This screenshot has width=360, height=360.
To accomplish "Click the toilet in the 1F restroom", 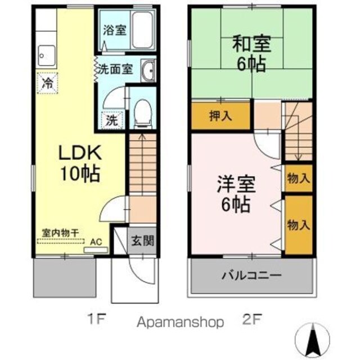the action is coord(142,113).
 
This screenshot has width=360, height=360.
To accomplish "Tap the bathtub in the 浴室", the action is coord(142,30).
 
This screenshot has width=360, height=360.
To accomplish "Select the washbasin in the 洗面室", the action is coord(147,70).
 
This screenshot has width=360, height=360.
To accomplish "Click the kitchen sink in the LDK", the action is coord(47,56).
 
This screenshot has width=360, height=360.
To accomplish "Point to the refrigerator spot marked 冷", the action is coord(47,83).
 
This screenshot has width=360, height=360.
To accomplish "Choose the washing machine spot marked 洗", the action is coord(112,120).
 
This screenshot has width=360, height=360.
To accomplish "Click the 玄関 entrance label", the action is coord(142,241).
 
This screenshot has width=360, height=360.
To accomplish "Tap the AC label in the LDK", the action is coord(96,242).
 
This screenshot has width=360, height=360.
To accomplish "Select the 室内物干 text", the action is coord(60,233).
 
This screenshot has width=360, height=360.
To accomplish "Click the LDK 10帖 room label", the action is coord(80,163).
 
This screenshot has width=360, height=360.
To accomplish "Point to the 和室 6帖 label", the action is coord(251,53).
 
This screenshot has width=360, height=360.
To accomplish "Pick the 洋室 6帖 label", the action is coord(236,194).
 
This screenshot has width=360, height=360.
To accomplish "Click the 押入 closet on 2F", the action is coord(220,116).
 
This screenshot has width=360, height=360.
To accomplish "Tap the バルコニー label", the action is coord(251,275).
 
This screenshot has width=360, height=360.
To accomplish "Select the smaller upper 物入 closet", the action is coord(299,178).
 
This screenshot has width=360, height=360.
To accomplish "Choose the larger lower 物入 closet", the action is coord(299,225).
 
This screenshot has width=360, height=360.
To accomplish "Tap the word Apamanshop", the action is coord(180,322).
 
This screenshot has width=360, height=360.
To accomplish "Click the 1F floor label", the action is coord(97,319).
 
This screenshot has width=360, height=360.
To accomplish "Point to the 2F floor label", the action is coord(252,319).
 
